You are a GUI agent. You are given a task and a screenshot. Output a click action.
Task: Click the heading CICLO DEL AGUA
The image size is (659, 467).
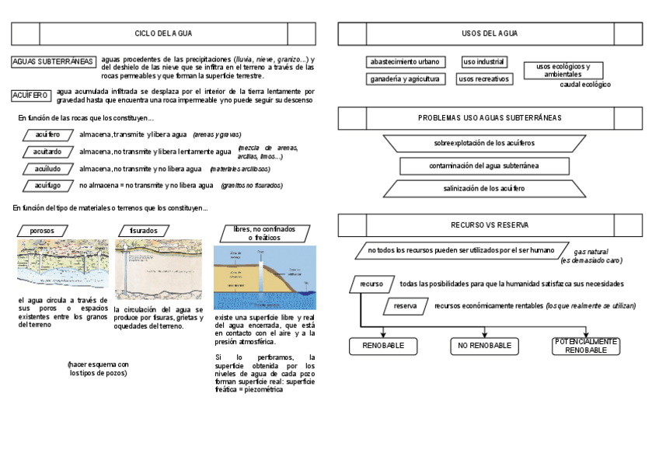pos(163,33)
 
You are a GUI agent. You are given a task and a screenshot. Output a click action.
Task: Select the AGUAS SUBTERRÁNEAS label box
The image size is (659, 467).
pos(54,61)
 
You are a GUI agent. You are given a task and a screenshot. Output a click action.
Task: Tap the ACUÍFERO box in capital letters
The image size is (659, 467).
pos(31,96)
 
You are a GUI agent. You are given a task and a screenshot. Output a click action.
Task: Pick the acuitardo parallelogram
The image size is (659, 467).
pos(47,152)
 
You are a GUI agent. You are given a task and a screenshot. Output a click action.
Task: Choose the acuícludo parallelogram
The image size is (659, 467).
pos(47,169)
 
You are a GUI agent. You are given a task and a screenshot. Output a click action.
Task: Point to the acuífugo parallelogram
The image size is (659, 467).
pos(47,186)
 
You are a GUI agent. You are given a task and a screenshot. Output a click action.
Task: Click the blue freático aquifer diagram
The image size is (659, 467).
pos(264,277)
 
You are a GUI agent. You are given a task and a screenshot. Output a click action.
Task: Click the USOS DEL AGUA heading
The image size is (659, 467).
pos(490,33)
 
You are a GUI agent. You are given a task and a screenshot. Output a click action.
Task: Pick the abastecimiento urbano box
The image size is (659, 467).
pos(405,61)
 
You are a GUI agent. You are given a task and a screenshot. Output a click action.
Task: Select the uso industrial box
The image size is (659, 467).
pos(483,61)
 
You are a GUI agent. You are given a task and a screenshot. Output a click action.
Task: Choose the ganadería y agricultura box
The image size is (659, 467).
pos(405,78)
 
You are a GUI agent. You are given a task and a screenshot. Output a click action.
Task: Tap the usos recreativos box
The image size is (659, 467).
pos(483,78)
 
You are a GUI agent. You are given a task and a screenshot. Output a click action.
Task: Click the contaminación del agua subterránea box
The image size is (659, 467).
pos(484,166)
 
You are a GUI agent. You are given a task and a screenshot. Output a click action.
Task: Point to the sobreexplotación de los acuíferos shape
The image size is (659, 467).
pos(483,143)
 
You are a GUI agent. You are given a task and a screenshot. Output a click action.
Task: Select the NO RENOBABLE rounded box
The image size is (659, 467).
pos(484,346)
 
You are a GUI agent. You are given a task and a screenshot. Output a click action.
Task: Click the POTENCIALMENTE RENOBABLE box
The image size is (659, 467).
pos(586,346)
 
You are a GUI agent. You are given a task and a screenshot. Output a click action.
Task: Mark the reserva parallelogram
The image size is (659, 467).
pos(405,306)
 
